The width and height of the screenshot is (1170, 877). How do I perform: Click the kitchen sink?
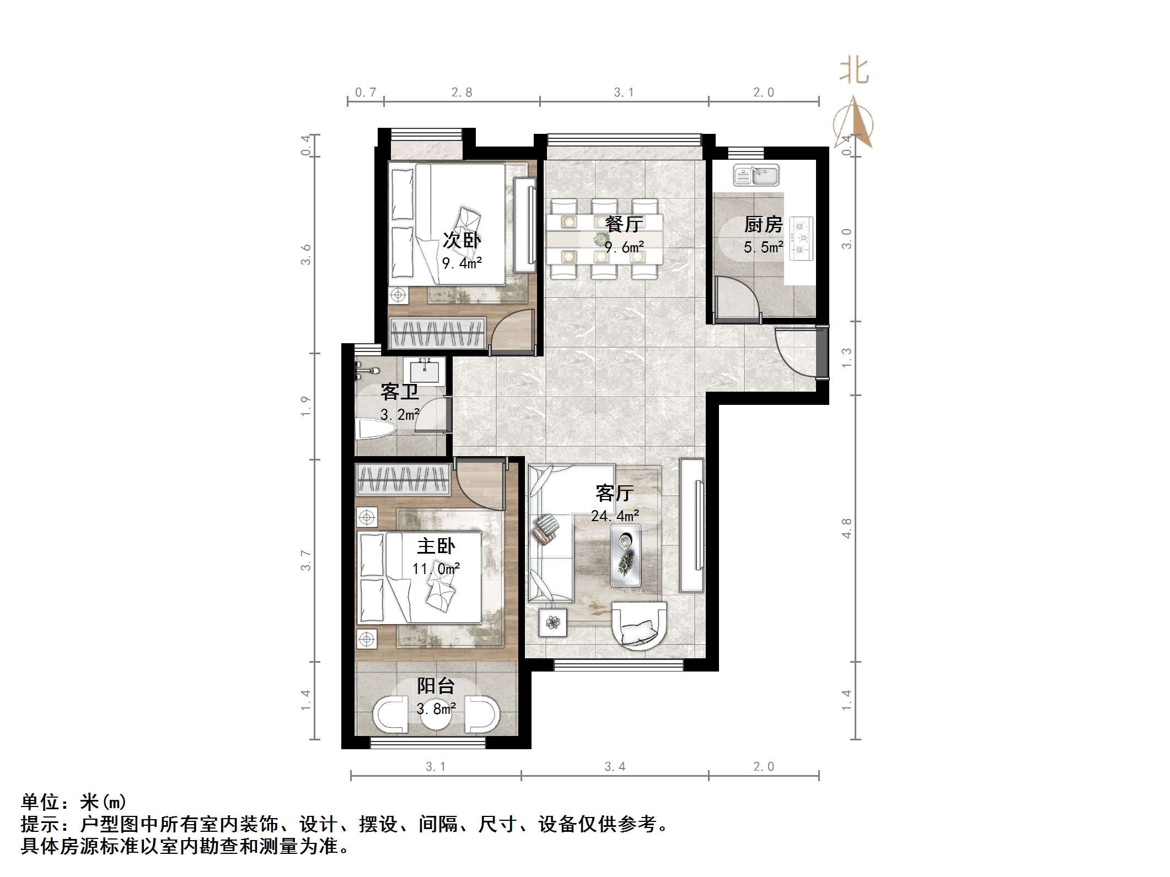pyautogui.click(x=756, y=176)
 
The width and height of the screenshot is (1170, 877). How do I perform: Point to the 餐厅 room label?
pyautogui.click(x=624, y=224)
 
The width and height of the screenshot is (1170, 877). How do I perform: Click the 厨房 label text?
pyautogui.click(x=763, y=225)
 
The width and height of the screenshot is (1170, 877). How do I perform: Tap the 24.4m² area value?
pyautogui.click(x=615, y=516)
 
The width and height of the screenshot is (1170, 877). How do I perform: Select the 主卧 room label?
pyautogui.click(x=436, y=546)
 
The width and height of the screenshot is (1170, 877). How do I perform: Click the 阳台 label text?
pyautogui.click(x=436, y=686)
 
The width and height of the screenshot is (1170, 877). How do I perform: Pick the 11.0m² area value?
pyautogui.click(x=436, y=569)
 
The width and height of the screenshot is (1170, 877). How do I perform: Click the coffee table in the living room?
pyautogui.click(x=626, y=555)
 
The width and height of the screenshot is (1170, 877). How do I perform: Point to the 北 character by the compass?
pyautogui.click(x=854, y=72)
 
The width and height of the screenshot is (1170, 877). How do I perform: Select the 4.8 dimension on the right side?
pyautogui.click(x=846, y=528)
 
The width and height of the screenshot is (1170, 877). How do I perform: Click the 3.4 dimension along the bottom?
pyautogui.click(x=615, y=766)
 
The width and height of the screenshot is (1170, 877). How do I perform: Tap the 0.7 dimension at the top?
pyautogui.click(x=365, y=93)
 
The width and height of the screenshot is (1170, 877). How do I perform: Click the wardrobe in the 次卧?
pyautogui.click(x=437, y=333)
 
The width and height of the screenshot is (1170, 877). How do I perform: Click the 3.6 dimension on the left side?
pyautogui.click(x=306, y=255)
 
